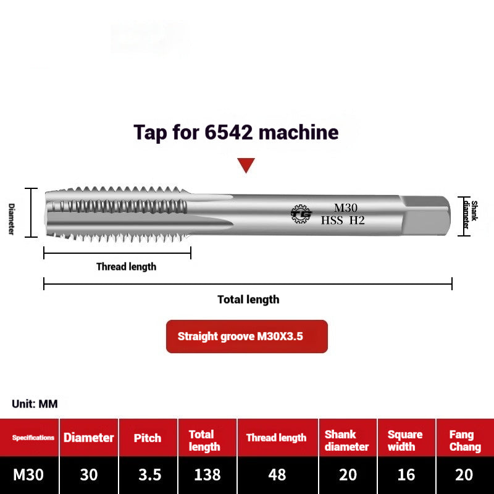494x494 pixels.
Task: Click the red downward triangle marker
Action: point(246,165)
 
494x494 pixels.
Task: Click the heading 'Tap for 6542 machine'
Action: point(237,132)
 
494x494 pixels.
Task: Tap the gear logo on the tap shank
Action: point(301,214)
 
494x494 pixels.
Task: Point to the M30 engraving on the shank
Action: point(346,208)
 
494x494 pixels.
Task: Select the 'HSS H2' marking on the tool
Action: point(343,220)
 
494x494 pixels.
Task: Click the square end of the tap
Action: point(426,213)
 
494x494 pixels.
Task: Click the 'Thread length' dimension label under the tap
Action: point(126,267)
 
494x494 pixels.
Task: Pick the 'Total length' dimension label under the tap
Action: point(248,299)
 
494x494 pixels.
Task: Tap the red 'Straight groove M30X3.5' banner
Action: point(246,337)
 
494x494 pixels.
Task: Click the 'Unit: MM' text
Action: point(35,404)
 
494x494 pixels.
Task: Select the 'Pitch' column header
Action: point(148,438)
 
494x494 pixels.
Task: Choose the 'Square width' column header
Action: point(405,440)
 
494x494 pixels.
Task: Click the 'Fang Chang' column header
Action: point(465,440)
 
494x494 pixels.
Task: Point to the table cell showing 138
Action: point(207,475)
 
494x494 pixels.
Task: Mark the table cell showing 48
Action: point(277,475)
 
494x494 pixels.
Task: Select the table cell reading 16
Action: point(405,475)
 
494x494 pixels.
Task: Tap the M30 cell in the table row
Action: point(29,475)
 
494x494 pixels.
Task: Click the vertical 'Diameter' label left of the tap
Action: point(11,219)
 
